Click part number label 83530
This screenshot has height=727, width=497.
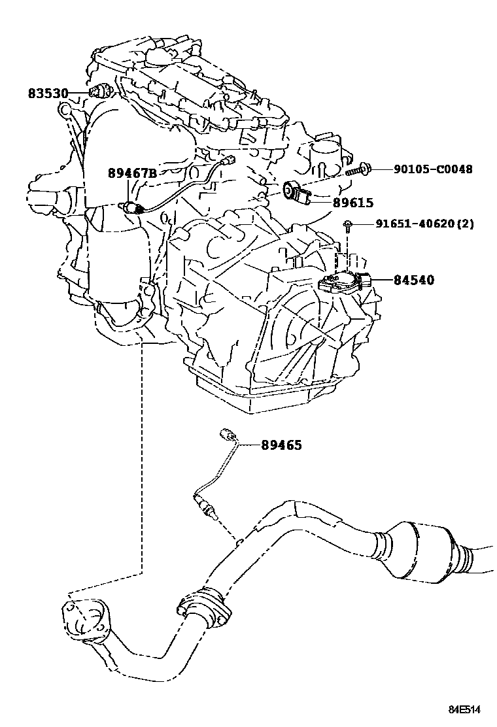pyautogui.click(x=48, y=94)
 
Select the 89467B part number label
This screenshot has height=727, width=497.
pyautogui.click(x=132, y=173)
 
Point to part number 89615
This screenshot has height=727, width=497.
pyautogui.click(x=352, y=203)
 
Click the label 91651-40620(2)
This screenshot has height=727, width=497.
pyautogui.click(x=424, y=224)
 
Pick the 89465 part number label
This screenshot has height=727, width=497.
pyautogui.click(x=281, y=445)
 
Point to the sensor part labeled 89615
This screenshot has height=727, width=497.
pyautogui.click(x=298, y=192)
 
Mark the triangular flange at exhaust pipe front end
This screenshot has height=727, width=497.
pyautogui.click(x=84, y=618)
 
